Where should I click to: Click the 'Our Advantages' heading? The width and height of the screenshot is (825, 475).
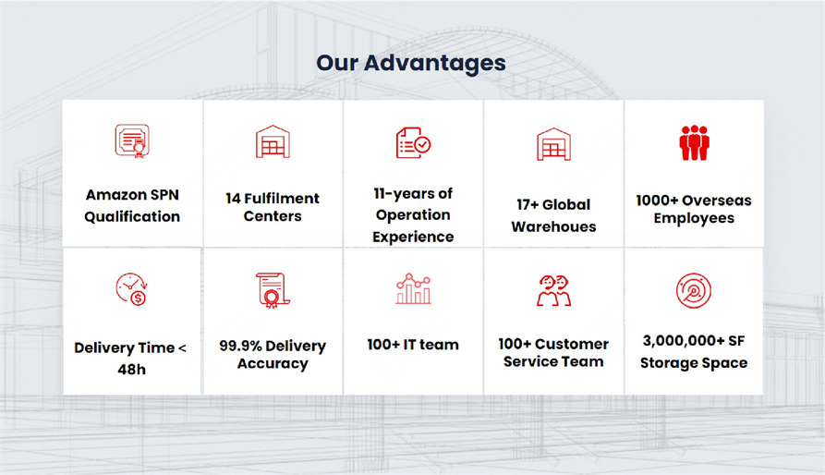411,63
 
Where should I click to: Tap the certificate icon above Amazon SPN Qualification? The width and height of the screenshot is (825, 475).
132,141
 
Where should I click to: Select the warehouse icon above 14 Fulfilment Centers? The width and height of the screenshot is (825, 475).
273,141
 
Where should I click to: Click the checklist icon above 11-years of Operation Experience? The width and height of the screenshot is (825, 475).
413,142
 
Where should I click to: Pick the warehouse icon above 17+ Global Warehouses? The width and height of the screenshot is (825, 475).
553,144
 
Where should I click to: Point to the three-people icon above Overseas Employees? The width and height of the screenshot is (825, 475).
694,143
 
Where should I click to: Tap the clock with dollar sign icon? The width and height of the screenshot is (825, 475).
131,289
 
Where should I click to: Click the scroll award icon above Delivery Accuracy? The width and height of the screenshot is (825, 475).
273,290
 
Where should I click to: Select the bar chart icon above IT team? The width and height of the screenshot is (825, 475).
414,288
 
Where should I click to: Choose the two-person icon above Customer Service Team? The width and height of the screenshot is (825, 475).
553,290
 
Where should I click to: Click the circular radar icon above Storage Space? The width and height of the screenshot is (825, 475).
694,290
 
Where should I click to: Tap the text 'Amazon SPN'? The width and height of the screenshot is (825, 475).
133,195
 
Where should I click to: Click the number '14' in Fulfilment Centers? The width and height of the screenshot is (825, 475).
233,199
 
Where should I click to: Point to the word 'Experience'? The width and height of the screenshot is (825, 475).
413,237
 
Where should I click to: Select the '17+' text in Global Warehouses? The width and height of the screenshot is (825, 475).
528,204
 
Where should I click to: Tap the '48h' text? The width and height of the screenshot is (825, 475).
131,370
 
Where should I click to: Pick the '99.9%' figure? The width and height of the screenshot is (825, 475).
240,346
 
